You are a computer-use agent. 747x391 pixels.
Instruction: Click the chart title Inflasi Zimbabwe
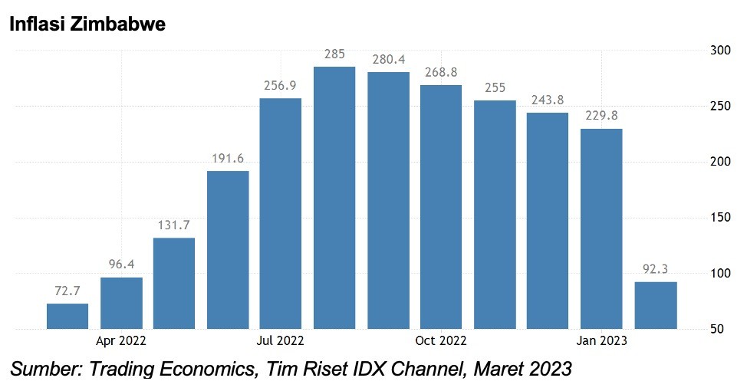pos(87,25)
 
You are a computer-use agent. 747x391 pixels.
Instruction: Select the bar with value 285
pos(334,198)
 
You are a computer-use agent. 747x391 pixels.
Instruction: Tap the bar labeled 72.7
pos(67,316)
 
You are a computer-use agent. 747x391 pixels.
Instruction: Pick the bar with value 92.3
pos(655,305)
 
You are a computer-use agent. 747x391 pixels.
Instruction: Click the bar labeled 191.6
pos(228,249)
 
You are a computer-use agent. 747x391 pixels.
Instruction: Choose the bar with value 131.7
pos(174,283)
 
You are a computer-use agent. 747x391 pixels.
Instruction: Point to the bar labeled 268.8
pos(441,206)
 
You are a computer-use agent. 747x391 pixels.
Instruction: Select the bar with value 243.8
pos(548,221)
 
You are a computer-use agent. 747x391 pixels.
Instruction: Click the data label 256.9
pos(281,86)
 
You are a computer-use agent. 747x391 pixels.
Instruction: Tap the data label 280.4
pos(388,60)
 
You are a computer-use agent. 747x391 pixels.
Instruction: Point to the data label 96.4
pos(121,264)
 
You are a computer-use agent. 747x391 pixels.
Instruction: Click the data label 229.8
pos(601,116)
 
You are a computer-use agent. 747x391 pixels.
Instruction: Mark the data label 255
pos(495,87)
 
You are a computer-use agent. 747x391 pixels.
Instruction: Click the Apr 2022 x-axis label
pos(121,340)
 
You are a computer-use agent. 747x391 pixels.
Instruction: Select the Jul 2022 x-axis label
pos(281,340)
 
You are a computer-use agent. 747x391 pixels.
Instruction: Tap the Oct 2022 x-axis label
pos(441,340)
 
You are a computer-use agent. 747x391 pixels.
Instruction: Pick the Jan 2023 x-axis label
pos(601,340)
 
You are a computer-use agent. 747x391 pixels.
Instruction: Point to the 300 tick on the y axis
pos(719,51)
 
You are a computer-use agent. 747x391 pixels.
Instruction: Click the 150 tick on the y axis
pos(719,218)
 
